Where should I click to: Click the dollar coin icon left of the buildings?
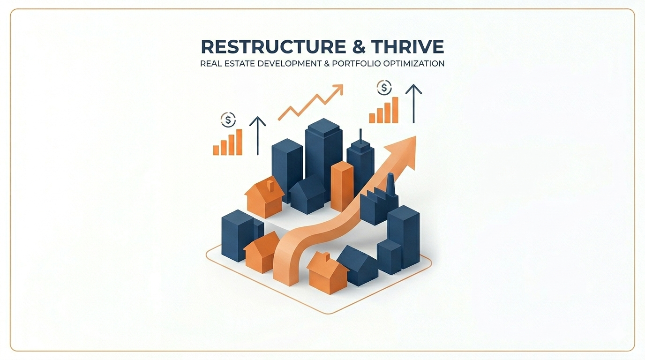[228, 120]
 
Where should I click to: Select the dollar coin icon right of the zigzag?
[384, 87]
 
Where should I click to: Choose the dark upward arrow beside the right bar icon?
[413, 103]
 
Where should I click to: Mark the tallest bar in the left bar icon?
[239, 142]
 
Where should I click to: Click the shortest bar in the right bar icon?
[372, 118]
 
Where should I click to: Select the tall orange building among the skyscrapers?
[342, 186]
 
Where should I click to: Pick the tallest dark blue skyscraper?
[323, 150]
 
